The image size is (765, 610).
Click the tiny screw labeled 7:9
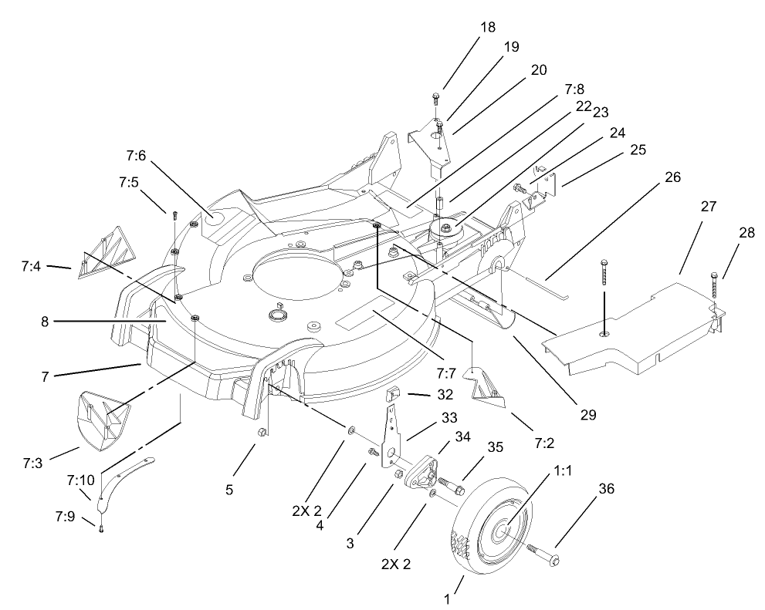(x=100, y=526)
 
